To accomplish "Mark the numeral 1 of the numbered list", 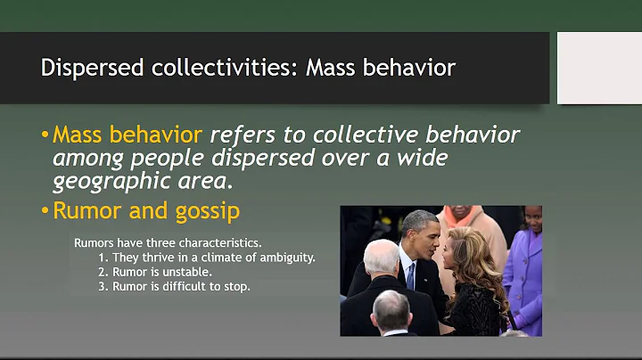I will (103, 257).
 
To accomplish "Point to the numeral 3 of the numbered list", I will (103, 286).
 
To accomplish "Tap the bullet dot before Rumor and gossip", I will (45, 211).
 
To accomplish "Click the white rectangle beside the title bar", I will (599, 68).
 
